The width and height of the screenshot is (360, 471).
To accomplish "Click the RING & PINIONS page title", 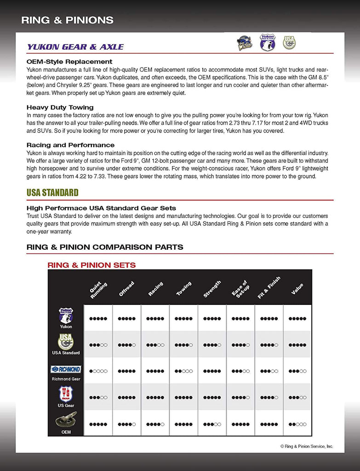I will click(x=67, y=20).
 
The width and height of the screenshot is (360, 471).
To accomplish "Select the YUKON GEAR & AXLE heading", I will click(x=75, y=46).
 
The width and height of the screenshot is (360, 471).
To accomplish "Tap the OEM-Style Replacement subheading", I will click(x=69, y=61).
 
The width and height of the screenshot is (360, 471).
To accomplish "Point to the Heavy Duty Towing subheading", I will click(x=60, y=107).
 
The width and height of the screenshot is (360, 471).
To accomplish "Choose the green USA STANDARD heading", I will click(x=52, y=192).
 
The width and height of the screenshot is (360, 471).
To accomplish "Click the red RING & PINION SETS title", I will click(x=91, y=265).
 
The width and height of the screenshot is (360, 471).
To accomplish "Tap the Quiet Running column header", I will click(x=98, y=290).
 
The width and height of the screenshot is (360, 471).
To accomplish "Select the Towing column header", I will click(x=184, y=288).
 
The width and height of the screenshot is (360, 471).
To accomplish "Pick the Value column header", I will click(x=297, y=289).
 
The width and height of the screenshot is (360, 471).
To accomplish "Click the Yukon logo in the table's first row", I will click(x=66, y=316).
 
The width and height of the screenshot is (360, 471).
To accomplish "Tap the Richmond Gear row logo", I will click(x=66, y=369).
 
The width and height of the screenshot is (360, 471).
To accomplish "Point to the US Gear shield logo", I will click(x=66, y=394).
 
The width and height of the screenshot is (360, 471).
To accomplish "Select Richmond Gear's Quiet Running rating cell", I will click(x=98, y=371).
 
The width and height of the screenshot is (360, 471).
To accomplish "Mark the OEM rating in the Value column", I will click(x=297, y=424).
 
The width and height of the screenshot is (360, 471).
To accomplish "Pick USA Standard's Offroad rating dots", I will click(x=126, y=345).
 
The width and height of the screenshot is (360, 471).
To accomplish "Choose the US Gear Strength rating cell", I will click(x=212, y=397).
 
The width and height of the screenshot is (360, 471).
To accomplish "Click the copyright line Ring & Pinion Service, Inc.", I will click(x=307, y=446).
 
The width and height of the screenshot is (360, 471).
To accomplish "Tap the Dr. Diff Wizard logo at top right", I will click(x=243, y=43).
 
